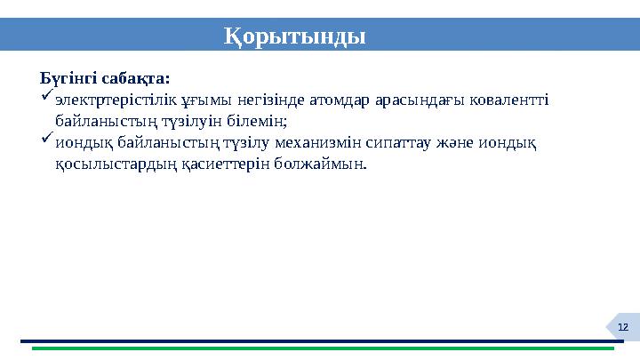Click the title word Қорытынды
pyautogui.click(x=293, y=36)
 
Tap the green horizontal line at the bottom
pyautogui.click(x=320, y=348)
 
